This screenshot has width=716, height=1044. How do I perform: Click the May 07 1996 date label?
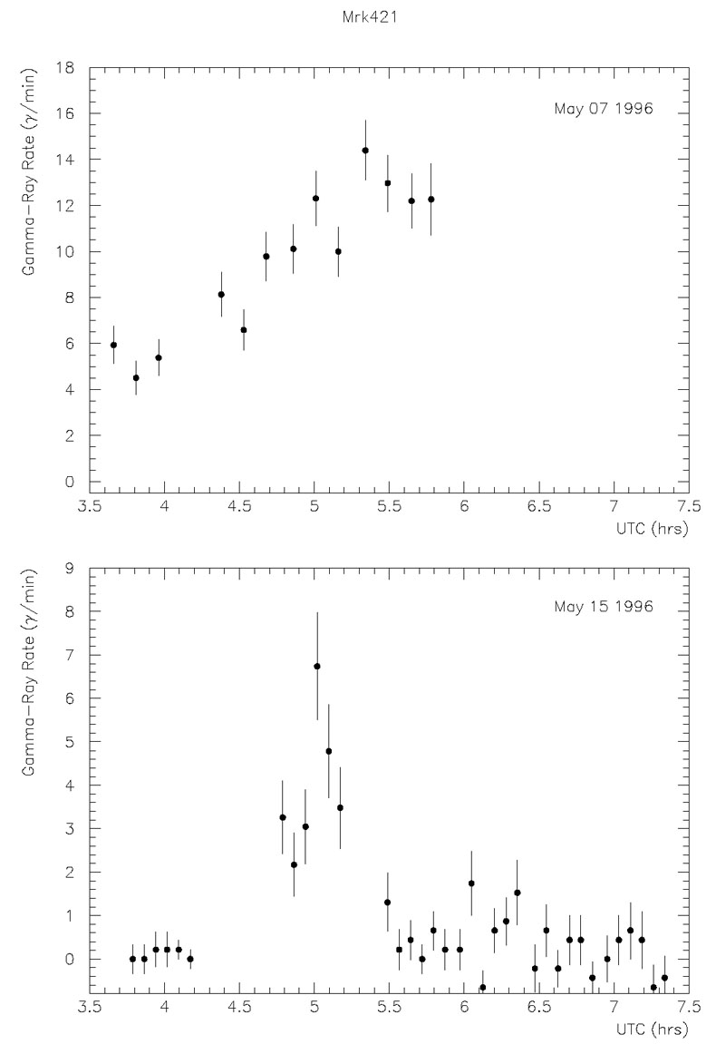coord(604,109)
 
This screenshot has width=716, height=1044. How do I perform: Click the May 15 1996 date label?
coord(604,606)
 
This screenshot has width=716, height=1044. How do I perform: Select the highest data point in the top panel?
coord(365,151)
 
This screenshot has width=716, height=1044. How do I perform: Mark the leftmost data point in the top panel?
coord(113,345)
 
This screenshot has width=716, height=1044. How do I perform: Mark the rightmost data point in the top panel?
coord(431,200)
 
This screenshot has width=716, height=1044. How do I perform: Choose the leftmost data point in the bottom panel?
coord(132,959)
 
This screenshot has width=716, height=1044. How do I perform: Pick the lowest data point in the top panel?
coord(136,378)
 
